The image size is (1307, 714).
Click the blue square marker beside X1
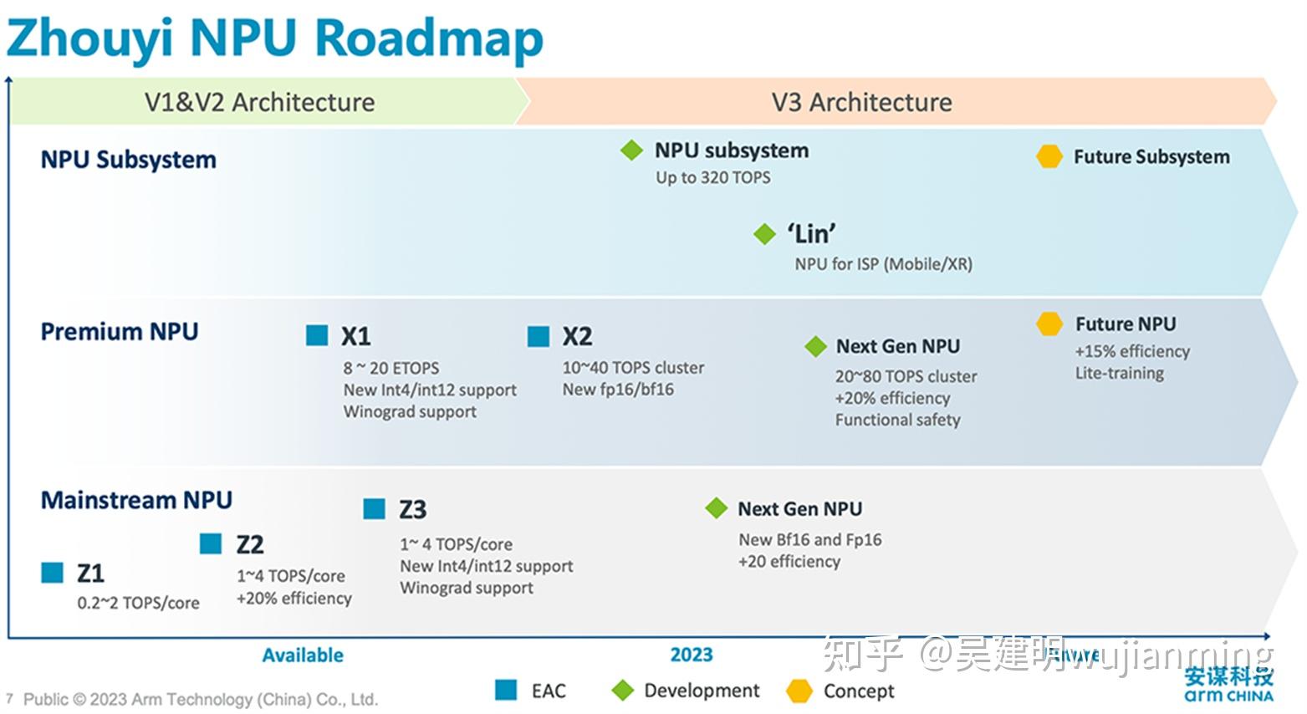click(x=317, y=335)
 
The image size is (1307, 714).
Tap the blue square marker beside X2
click(x=539, y=336)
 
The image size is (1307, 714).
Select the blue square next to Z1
click(x=53, y=573)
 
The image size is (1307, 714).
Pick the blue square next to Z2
click(x=211, y=544)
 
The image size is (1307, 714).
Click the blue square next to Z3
click(x=374, y=508)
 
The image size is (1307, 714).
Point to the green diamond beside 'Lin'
click(x=764, y=234)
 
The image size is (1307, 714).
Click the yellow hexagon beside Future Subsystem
click(x=1049, y=156)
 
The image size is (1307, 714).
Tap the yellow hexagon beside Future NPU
click(x=1049, y=324)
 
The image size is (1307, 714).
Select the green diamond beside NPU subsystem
click(x=631, y=150)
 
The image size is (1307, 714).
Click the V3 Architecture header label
click(x=861, y=102)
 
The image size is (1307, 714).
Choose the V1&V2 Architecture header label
click(x=259, y=102)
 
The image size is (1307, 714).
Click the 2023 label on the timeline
click(x=691, y=655)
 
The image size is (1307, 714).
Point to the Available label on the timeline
click(x=303, y=655)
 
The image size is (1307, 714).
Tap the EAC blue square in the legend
click(x=506, y=690)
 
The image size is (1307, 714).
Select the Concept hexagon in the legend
click(x=799, y=691)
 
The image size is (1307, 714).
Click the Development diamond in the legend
click(x=623, y=691)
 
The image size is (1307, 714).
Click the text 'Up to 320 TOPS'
click(x=712, y=177)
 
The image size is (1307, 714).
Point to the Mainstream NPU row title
click(x=136, y=500)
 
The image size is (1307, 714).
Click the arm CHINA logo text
click(x=1228, y=696)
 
